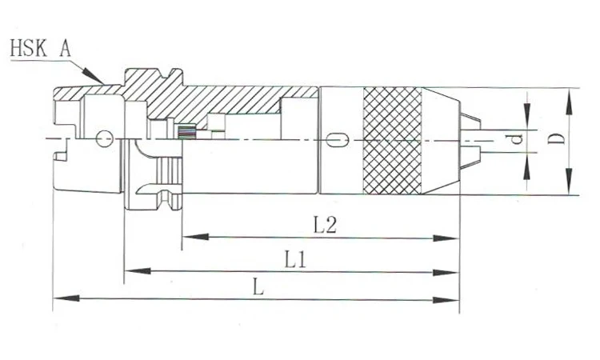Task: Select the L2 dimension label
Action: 325,226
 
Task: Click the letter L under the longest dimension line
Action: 258,288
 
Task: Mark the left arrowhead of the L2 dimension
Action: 189,238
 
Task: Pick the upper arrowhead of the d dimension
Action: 527,118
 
